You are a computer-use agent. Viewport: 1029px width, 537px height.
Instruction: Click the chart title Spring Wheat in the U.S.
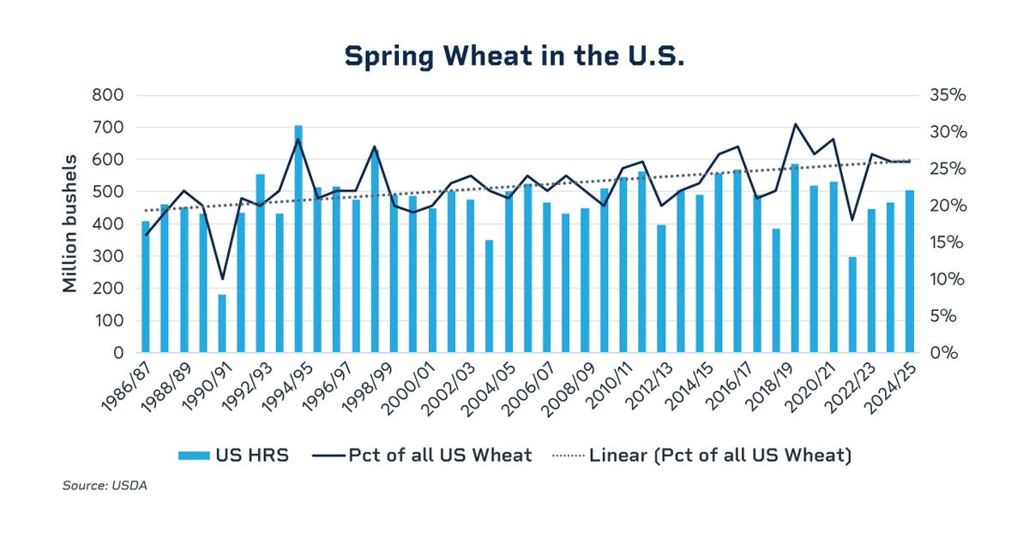point(514,56)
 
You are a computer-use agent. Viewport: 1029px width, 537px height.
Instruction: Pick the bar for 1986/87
point(146,287)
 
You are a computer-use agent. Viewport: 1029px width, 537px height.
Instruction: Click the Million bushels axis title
point(70,224)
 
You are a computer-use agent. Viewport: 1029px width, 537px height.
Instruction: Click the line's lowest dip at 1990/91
point(222,279)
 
